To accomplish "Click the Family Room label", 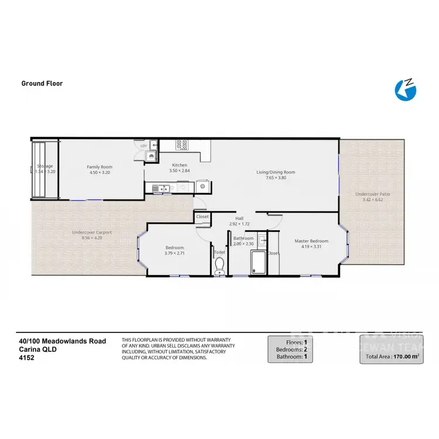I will pos(98,167).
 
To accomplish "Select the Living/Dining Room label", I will pos(275,172).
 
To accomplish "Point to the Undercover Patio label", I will pos(372,194).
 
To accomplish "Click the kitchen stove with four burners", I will pos(181,144).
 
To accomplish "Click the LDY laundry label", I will pos(143,146).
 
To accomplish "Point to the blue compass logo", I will pos(405,90).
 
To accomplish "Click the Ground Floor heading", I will pos(42,84).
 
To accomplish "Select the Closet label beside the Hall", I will pos(203,217).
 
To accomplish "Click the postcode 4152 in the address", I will pos(26,357).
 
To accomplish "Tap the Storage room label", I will pos(45,166).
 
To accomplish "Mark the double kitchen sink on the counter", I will pos(159,188).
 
